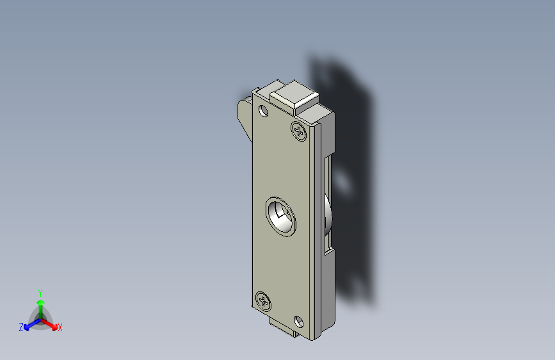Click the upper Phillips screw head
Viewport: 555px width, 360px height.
pyautogui.click(x=299, y=131)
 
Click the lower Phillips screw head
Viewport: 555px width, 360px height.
pyautogui.click(x=263, y=302)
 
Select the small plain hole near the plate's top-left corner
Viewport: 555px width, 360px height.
pyautogui.click(x=263, y=111)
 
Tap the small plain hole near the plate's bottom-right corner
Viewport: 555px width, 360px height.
pyautogui.click(x=299, y=322)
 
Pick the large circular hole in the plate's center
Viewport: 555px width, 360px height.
pyautogui.click(x=280, y=217)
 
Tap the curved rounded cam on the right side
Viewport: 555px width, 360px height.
pyautogui.click(x=329, y=217)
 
